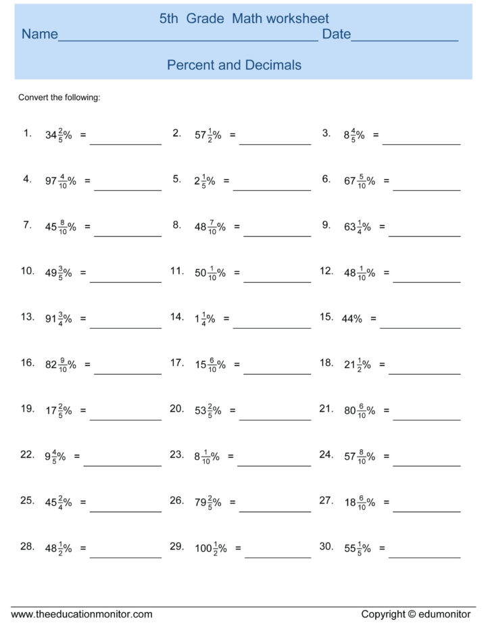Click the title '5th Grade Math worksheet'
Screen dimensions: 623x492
click(244, 20)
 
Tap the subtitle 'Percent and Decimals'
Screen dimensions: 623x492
click(234, 65)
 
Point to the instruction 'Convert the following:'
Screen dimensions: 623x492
click(59, 97)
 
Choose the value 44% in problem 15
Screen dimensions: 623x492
click(352, 319)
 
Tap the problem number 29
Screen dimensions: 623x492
click(177, 545)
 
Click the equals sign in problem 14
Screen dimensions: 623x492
click(226, 319)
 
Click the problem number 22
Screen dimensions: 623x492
click(27, 455)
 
